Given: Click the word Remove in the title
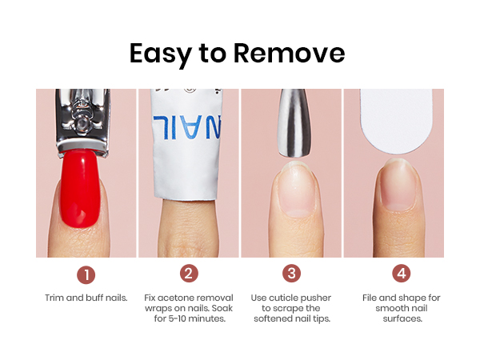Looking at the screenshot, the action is (290, 54).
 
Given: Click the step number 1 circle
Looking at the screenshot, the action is (86, 274).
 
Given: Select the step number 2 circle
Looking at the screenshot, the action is (189, 274).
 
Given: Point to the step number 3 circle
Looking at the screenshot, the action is (291, 274).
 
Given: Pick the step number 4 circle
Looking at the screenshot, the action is (402, 274).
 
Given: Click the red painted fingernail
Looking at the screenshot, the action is (80, 188).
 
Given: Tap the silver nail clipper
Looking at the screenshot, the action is (82, 122).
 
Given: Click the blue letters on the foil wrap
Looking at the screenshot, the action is (186, 127).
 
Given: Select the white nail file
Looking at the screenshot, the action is (397, 121).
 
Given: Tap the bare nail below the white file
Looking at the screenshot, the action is (398, 186).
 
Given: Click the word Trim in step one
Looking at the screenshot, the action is (54, 298).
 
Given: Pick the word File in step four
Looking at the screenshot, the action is (370, 298).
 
